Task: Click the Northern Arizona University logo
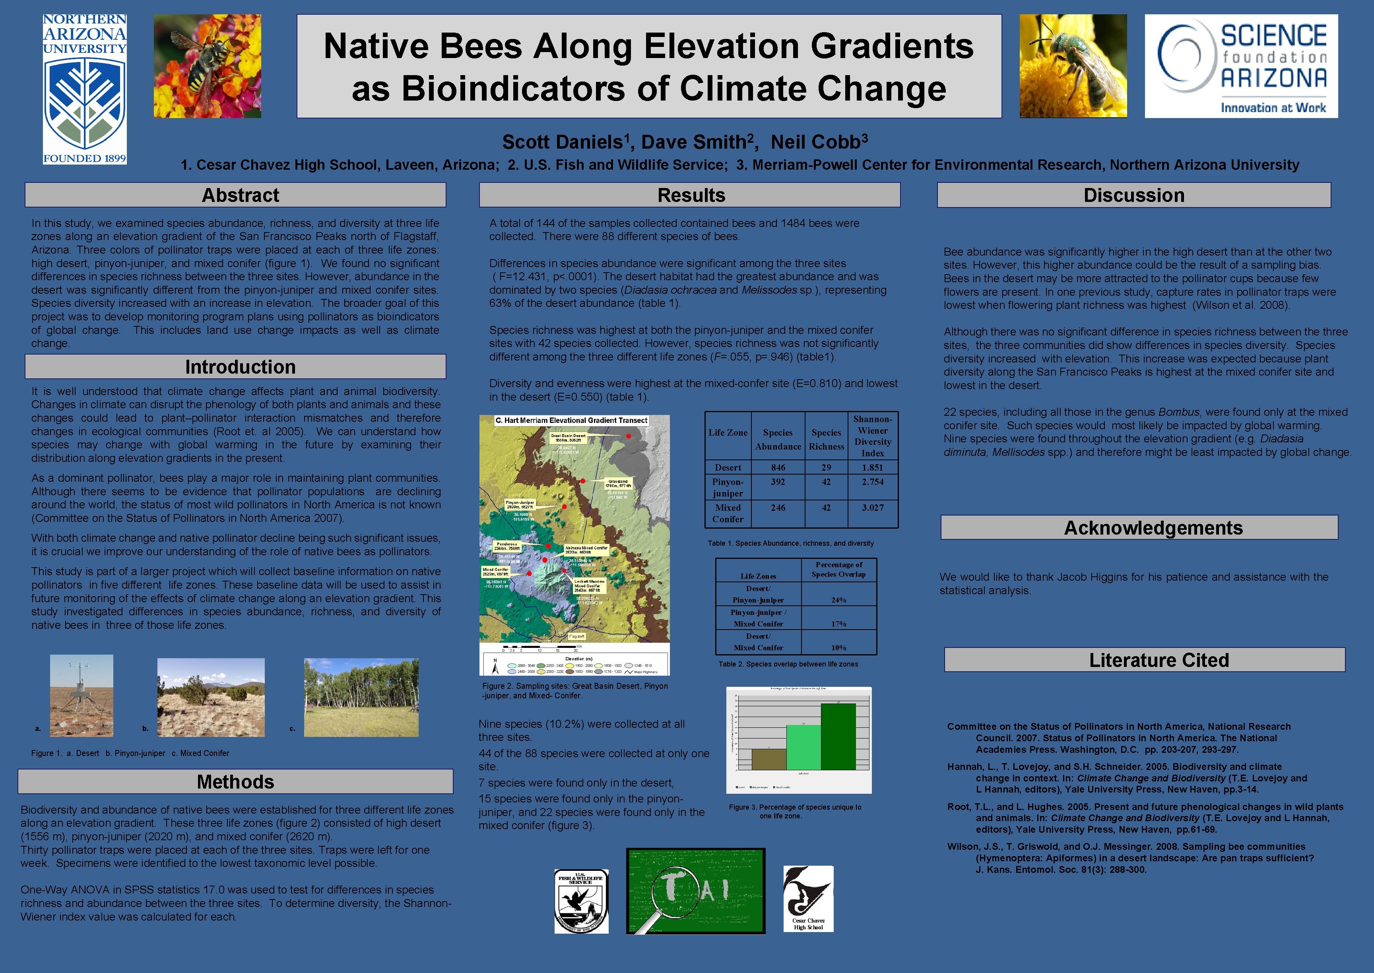(85, 89)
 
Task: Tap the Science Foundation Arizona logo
(1241, 66)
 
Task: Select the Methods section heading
(235, 781)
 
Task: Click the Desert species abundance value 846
(778, 467)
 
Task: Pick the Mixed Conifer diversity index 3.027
(872, 508)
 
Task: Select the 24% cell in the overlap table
(838, 600)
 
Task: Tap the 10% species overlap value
(838, 647)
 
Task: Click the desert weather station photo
(82, 695)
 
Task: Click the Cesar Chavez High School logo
(808, 898)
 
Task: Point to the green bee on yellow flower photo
(1073, 66)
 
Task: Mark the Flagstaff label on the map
(576, 636)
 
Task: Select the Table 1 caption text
(790, 543)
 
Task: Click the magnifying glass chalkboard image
(696, 891)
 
